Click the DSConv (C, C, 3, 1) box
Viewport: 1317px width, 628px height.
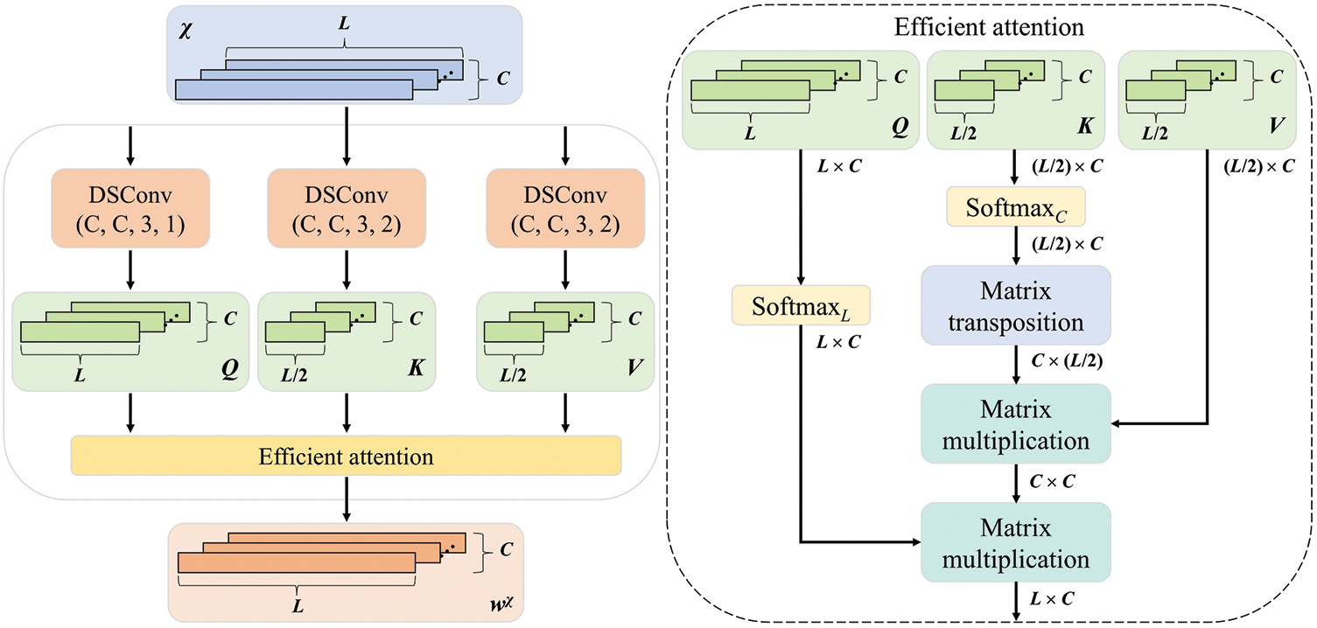(130, 208)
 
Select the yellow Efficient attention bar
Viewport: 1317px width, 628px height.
(346, 456)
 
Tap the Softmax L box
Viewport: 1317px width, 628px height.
(801, 305)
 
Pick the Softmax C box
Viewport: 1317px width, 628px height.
(1015, 206)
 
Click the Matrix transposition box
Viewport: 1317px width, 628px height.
(1015, 305)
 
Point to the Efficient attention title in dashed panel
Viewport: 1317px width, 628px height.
(989, 27)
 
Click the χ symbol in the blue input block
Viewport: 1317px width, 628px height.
(186, 30)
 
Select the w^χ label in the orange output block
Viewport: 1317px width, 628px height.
(501, 604)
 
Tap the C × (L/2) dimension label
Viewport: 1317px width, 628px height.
(1067, 360)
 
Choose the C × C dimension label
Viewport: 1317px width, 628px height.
(1052, 482)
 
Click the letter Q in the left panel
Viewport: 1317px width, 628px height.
(229, 369)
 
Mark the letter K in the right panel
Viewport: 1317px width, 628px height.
(1085, 126)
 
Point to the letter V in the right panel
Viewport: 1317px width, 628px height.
(1276, 126)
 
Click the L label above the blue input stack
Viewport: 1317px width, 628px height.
(344, 24)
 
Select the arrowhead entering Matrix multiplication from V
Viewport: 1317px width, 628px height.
(1116, 423)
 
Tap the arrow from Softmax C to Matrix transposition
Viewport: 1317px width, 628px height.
(1015, 246)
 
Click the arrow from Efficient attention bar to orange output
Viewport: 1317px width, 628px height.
(347, 499)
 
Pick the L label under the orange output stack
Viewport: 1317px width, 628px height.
(298, 606)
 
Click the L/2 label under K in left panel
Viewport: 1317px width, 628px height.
(294, 374)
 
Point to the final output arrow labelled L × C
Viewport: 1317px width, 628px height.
(1015, 601)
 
